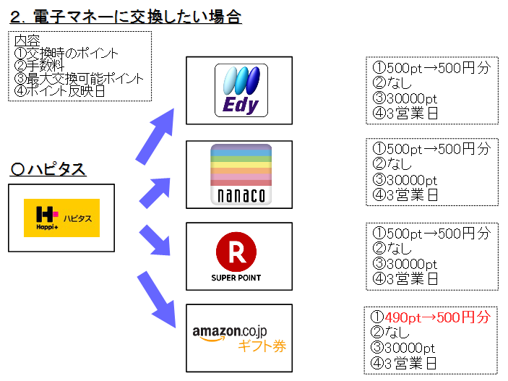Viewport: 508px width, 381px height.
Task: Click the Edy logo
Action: coord(241,90)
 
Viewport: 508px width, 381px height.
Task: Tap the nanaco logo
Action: coord(241,174)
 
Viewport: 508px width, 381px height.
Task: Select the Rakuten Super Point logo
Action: coord(236,257)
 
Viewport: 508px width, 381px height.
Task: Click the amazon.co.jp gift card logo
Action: coord(239,338)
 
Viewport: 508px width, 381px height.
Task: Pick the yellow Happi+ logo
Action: coord(61,218)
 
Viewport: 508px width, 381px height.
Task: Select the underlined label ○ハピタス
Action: coord(49,169)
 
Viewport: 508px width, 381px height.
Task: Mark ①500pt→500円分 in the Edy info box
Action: coord(431,68)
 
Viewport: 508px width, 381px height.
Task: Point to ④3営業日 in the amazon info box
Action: coord(405,362)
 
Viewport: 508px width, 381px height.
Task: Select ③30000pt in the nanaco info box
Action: coord(405,180)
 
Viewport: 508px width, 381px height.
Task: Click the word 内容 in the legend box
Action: coord(27,40)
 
